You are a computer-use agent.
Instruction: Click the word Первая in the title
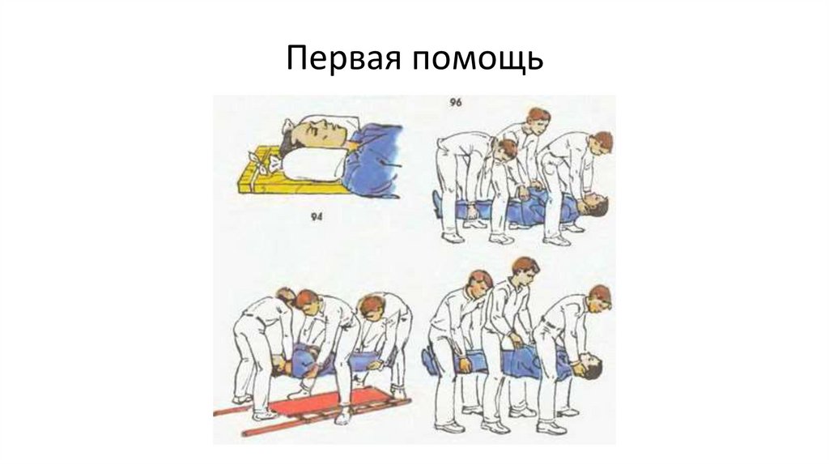pyautogui.click(x=343, y=58)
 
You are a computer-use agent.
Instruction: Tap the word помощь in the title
pyautogui.click(x=478, y=59)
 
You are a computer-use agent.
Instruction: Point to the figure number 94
pyautogui.click(x=316, y=216)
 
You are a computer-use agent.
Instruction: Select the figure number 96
pyautogui.click(x=456, y=101)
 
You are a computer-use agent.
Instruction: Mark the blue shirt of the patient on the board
pyautogui.click(x=372, y=159)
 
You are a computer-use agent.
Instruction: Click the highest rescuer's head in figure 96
pyautogui.click(x=538, y=120)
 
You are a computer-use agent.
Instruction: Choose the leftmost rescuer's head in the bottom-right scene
pyautogui.click(x=479, y=284)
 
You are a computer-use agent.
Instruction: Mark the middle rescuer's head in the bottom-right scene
pyautogui.click(x=524, y=271)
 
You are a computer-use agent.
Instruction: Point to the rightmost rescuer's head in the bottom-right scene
pyautogui.click(x=600, y=298)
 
